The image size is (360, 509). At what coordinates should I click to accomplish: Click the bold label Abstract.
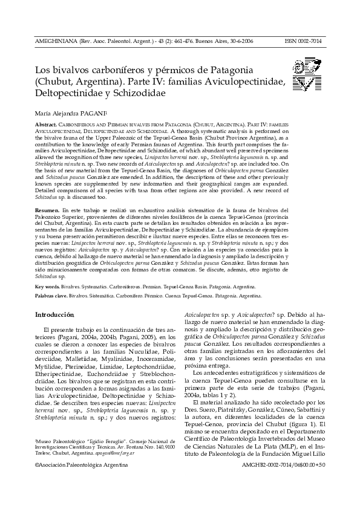pyautogui.click(x=47, y=124)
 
